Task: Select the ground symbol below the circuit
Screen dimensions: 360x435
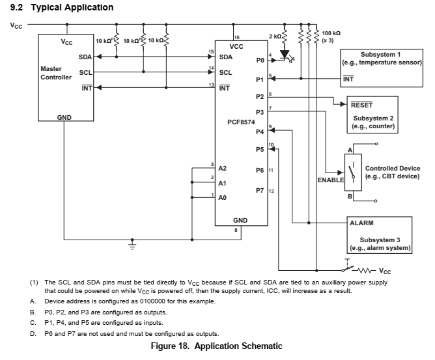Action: click(133, 245)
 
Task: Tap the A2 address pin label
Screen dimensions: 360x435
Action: click(222, 169)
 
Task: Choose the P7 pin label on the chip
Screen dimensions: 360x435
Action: click(260, 191)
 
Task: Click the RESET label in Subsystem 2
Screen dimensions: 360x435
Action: click(362, 104)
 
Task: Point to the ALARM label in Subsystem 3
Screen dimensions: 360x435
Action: click(362, 223)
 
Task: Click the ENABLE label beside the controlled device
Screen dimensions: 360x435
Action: click(330, 179)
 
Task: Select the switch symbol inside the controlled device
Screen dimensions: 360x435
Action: click(352, 174)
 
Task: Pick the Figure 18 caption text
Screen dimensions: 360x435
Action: click(217, 346)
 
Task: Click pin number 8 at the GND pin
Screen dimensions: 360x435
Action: click(236, 229)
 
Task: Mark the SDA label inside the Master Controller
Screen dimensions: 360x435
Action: click(85, 57)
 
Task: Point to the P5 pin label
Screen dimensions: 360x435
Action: click(260, 149)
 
